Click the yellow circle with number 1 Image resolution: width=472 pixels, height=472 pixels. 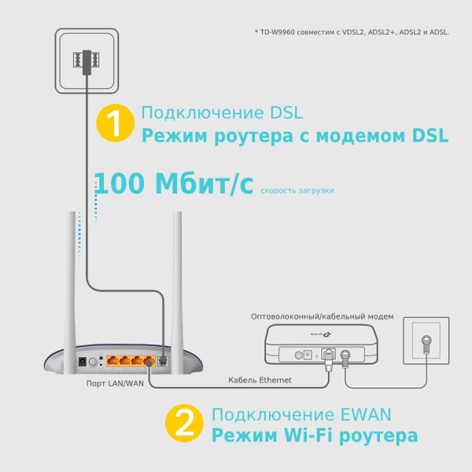coord(115,124)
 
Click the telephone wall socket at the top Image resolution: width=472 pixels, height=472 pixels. coord(87,60)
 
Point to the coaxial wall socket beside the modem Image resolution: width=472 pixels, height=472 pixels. coord(426,341)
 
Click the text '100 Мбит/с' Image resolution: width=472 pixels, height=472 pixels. coord(174,184)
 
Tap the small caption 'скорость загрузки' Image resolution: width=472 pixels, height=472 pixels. coord(297,190)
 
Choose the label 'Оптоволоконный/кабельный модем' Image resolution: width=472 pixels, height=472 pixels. coord(322,316)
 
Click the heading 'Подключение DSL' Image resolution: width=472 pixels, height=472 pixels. coord(222,112)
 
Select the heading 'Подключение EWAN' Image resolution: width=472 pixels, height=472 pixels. coord(301,414)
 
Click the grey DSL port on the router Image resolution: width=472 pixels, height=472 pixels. coord(163,360)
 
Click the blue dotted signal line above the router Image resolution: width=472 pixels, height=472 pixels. coord(96,201)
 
